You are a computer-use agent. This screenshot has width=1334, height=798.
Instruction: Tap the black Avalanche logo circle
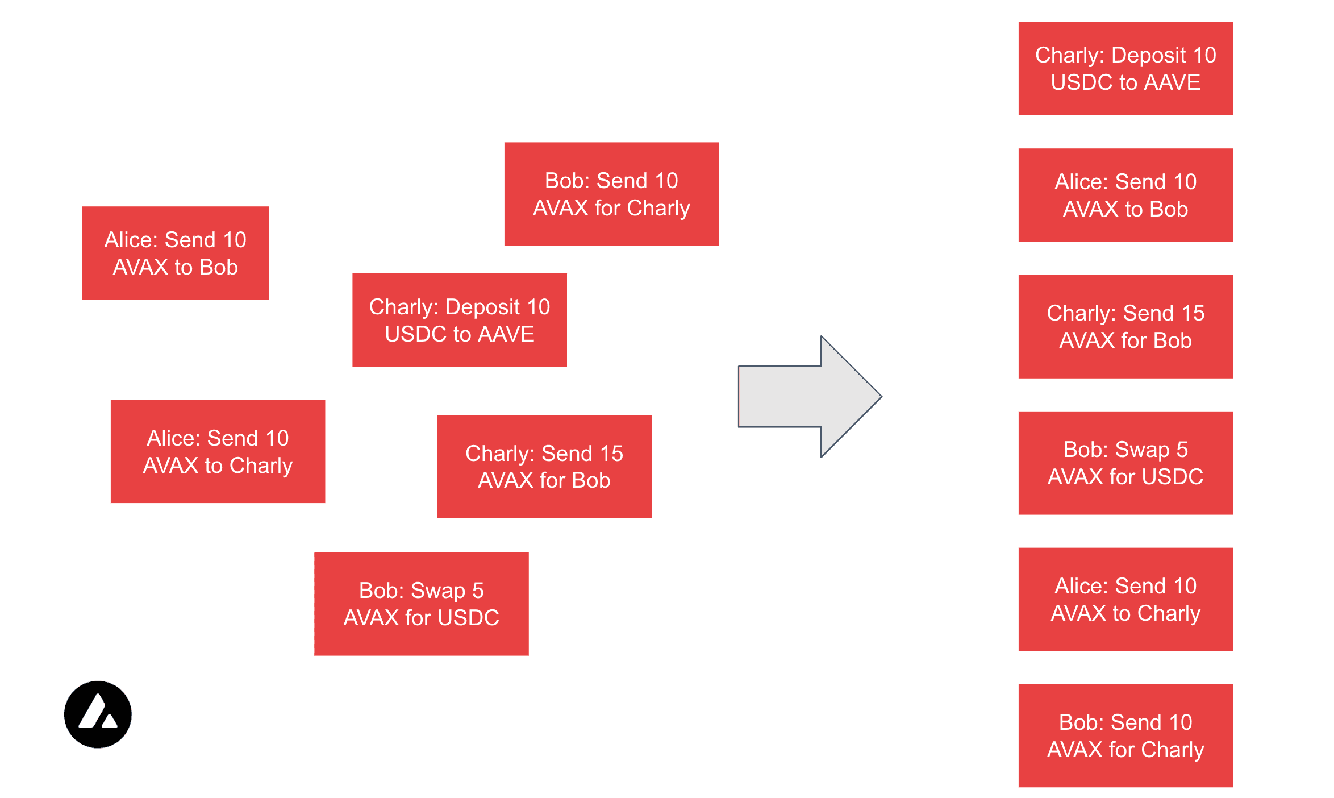(x=98, y=714)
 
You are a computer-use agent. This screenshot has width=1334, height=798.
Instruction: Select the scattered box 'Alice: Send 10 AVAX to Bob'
(x=175, y=253)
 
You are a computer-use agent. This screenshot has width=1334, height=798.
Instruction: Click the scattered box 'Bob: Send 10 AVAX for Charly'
(x=611, y=194)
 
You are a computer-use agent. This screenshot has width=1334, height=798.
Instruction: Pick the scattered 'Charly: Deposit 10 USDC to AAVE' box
(x=459, y=320)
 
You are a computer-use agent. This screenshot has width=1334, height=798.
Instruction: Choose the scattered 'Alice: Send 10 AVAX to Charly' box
(x=218, y=451)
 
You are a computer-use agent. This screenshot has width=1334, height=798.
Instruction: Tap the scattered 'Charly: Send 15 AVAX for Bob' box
(x=544, y=467)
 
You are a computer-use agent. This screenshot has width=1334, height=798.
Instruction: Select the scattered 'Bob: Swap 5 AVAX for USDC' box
(x=421, y=604)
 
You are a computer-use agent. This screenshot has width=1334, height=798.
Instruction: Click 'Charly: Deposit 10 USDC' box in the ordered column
(x=1125, y=68)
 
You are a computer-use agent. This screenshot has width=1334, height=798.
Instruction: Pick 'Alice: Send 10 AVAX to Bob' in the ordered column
(x=1125, y=195)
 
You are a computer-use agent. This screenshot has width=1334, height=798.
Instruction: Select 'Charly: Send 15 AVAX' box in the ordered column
(x=1125, y=327)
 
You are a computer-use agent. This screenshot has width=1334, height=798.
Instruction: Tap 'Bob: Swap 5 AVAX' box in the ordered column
(x=1125, y=463)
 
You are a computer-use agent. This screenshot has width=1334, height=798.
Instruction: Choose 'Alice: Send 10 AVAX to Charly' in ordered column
(x=1125, y=599)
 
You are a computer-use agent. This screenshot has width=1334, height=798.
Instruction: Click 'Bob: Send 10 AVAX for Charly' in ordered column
(x=1125, y=735)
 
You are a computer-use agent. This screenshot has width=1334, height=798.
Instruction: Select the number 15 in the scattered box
(x=611, y=454)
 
